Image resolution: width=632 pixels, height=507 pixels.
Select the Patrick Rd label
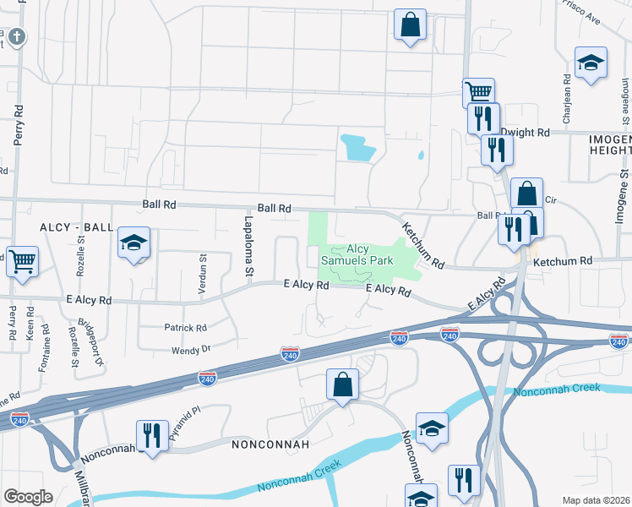pos(185,328)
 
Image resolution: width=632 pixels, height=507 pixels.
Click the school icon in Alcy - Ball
pos(133,243)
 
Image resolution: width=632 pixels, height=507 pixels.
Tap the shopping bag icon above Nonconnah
pos(342,384)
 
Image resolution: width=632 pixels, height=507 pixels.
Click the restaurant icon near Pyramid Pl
pos(152,435)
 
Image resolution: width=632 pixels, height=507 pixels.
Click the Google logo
pos(28,497)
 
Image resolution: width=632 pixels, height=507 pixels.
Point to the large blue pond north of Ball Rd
pos(357,148)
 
